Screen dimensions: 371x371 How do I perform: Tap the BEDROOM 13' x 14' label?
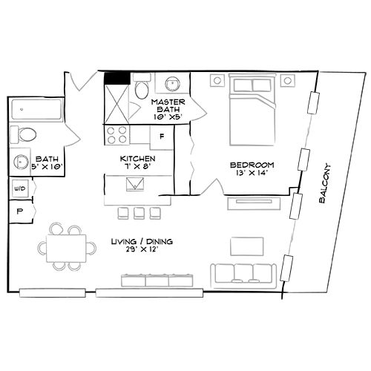coord(252,168)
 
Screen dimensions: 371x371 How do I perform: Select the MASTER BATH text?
coord(167,107)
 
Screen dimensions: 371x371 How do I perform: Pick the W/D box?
coord(18,189)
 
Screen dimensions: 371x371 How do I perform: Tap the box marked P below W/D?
coord(18,211)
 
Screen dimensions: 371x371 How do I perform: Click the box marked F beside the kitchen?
coord(162,137)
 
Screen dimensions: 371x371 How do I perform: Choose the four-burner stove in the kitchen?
coord(116,135)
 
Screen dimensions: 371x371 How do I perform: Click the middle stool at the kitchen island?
coord(139,212)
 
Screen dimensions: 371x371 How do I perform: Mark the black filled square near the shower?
coord(115,76)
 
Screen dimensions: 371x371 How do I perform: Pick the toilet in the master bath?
coord(141,90)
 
